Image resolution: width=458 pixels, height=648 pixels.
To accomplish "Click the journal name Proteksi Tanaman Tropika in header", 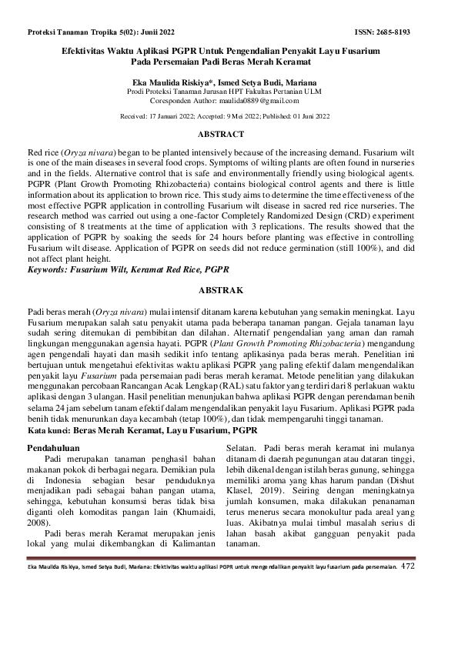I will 74,33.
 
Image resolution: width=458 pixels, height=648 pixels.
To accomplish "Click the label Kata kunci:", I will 51,433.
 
